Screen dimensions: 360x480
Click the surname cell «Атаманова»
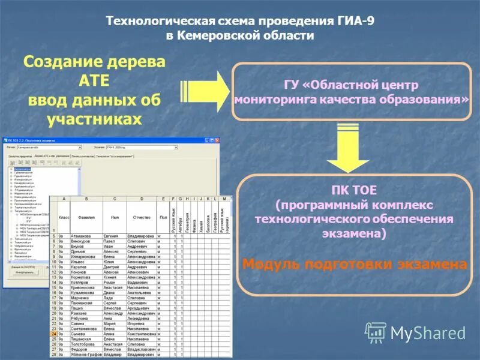coord(83,236)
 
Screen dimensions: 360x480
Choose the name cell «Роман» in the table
coord(112,281)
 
